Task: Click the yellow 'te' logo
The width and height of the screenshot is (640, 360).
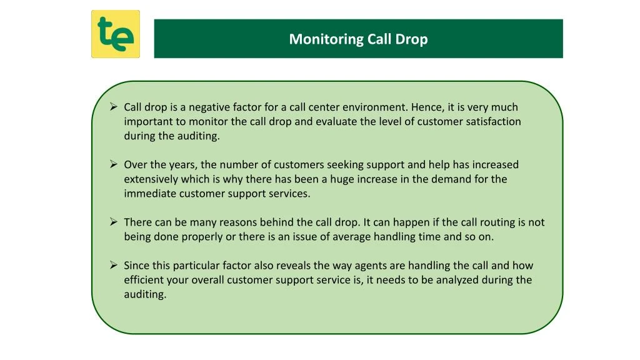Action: [116, 34]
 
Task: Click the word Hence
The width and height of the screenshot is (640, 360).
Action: [425, 107]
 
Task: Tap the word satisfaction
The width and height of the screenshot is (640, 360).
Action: [493, 122]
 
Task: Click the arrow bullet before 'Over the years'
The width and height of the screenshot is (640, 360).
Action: [114, 164]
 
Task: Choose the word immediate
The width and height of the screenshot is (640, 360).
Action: [150, 194]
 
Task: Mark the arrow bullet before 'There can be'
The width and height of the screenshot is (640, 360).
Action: [114, 222]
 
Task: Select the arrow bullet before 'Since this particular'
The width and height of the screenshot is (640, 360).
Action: [114, 265]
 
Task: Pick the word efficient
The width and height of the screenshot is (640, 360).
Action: [142, 280]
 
